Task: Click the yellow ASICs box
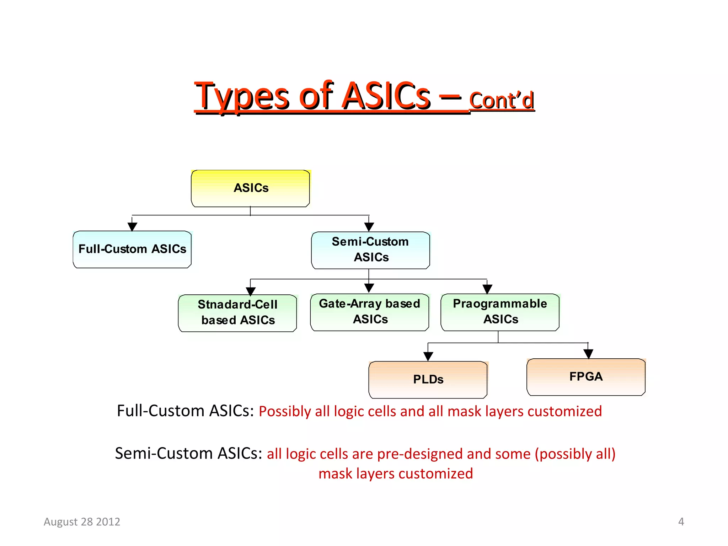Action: pos(250,188)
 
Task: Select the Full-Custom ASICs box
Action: pos(132,249)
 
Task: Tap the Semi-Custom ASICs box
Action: pos(370,250)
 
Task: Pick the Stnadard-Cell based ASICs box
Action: pos(237,313)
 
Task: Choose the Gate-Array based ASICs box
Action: pos(370,312)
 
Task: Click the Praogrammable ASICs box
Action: pos(500,312)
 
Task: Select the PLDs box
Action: pos(428,380)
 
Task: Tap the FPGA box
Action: pos(586,377)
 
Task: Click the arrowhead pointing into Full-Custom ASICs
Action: pos(132,227)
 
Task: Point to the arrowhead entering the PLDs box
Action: pos(428,356)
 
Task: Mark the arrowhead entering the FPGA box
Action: pos(588,354)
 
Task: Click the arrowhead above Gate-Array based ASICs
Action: pos(369,288)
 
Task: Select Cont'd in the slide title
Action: pos(502,101)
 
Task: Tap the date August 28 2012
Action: pos(82,521)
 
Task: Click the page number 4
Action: pos(681,521)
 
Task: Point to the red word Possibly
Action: pos(285,411)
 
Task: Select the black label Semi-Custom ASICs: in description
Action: pos(188,454)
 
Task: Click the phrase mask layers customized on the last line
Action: pos(396,474)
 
